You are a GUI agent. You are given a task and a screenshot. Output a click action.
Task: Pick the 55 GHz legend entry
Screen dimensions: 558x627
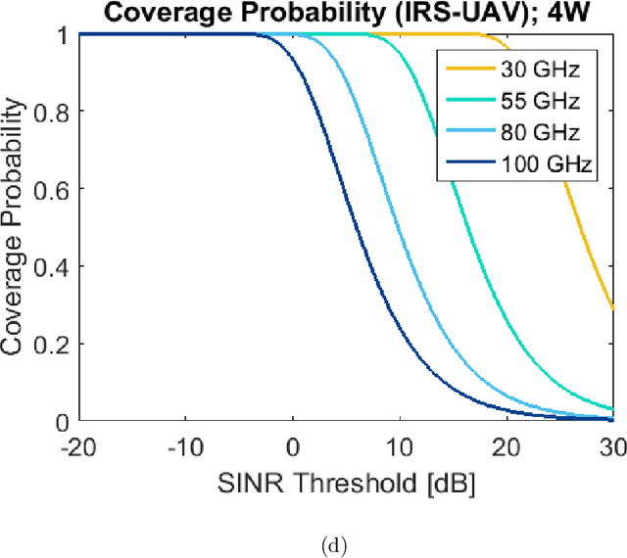click(x=516, y=101)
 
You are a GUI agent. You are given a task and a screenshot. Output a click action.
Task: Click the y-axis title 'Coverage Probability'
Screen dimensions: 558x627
click(x=15, y=228)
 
